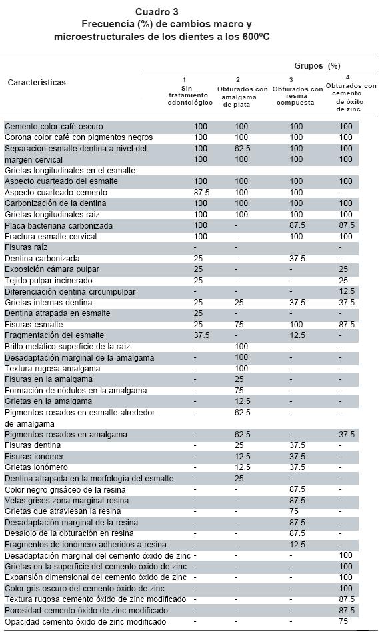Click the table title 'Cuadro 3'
click(157, 12)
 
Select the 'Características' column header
click(37, 83)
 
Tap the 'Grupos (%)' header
click(317, 66)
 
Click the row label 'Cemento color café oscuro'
click(54, 127)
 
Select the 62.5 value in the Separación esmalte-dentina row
click(242, 149)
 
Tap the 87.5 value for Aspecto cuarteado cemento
click(201, 193)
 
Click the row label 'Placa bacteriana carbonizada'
click(59, 226)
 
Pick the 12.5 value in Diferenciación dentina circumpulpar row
click(347, 291)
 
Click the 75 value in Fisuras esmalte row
click(239, 325)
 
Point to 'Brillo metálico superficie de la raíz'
click(67, 347)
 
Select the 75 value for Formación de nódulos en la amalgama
click(239, 391)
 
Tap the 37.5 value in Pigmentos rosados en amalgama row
click(347, 435)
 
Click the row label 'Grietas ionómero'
click(36, 467)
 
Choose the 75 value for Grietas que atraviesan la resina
click(294, 511)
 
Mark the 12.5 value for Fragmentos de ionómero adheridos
click(297, 545)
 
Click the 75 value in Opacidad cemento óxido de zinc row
click(343, 621)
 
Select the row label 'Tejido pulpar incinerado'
click(49, 281)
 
